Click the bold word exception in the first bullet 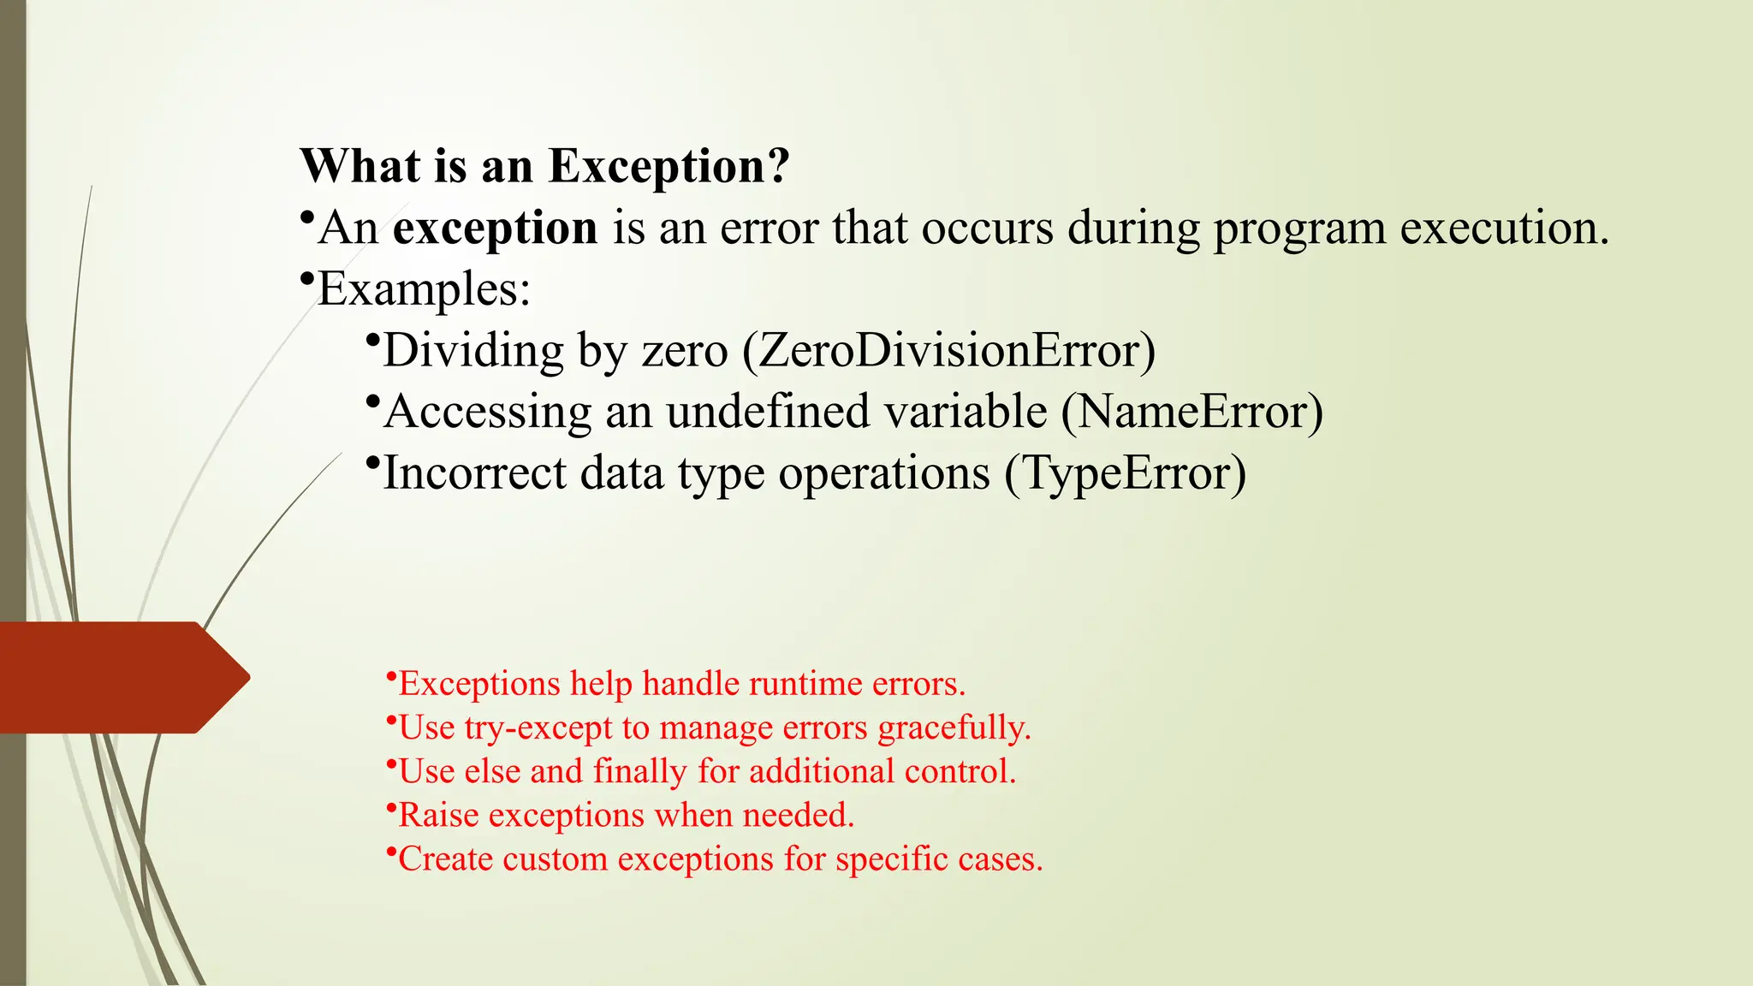pos(495,229)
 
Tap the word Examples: pos(425,289)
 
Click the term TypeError pos(1125,473)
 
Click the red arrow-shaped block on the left pos(120,677)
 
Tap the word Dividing pos(473,351)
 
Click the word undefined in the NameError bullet pos(768,412)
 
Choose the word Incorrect pos(474,473)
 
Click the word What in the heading pos(360,167)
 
